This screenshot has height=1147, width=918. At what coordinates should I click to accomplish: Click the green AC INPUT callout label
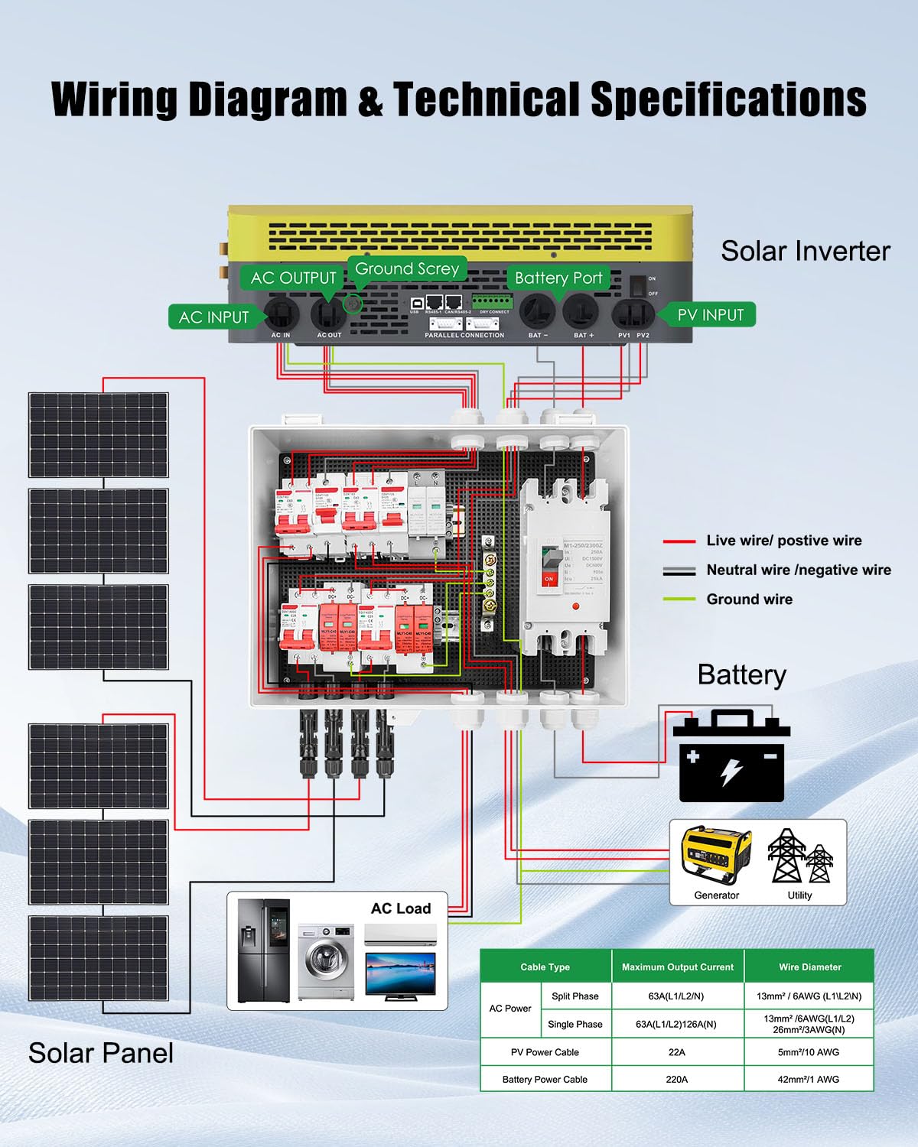pos(213,317)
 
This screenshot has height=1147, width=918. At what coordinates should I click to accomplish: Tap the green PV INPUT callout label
pos(710,314)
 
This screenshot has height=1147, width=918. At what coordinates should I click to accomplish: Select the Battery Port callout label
pos(558,278)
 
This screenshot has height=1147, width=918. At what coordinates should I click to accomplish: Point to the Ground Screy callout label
pos(406,268)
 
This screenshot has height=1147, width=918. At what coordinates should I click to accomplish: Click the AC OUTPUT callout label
pos(293,278)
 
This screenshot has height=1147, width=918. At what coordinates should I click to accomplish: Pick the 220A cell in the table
pos(677,1079)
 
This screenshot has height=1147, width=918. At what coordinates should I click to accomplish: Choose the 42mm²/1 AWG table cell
pos(809,1079)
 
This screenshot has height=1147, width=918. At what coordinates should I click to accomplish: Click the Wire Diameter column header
pos(809,967)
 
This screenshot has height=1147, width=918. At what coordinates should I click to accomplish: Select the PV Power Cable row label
pos(545,1052)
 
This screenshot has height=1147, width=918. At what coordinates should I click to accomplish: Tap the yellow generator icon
pos(716,855)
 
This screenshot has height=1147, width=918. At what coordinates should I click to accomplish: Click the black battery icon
pos(731,757)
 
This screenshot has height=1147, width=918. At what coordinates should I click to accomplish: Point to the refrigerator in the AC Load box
pos(263,950)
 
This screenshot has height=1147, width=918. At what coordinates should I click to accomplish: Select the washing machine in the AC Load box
pos(326,962)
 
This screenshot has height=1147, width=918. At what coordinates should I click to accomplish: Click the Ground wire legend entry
pos(749,599)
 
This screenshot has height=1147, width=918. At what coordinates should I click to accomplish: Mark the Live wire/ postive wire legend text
pos(783,541)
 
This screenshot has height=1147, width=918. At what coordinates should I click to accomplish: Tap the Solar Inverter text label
pos(805,251)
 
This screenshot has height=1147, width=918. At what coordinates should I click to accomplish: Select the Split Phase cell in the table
pos(575,996)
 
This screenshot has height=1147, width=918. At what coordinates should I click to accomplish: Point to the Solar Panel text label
pos(100,1053)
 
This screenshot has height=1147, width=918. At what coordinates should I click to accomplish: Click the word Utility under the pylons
pos(799,895)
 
